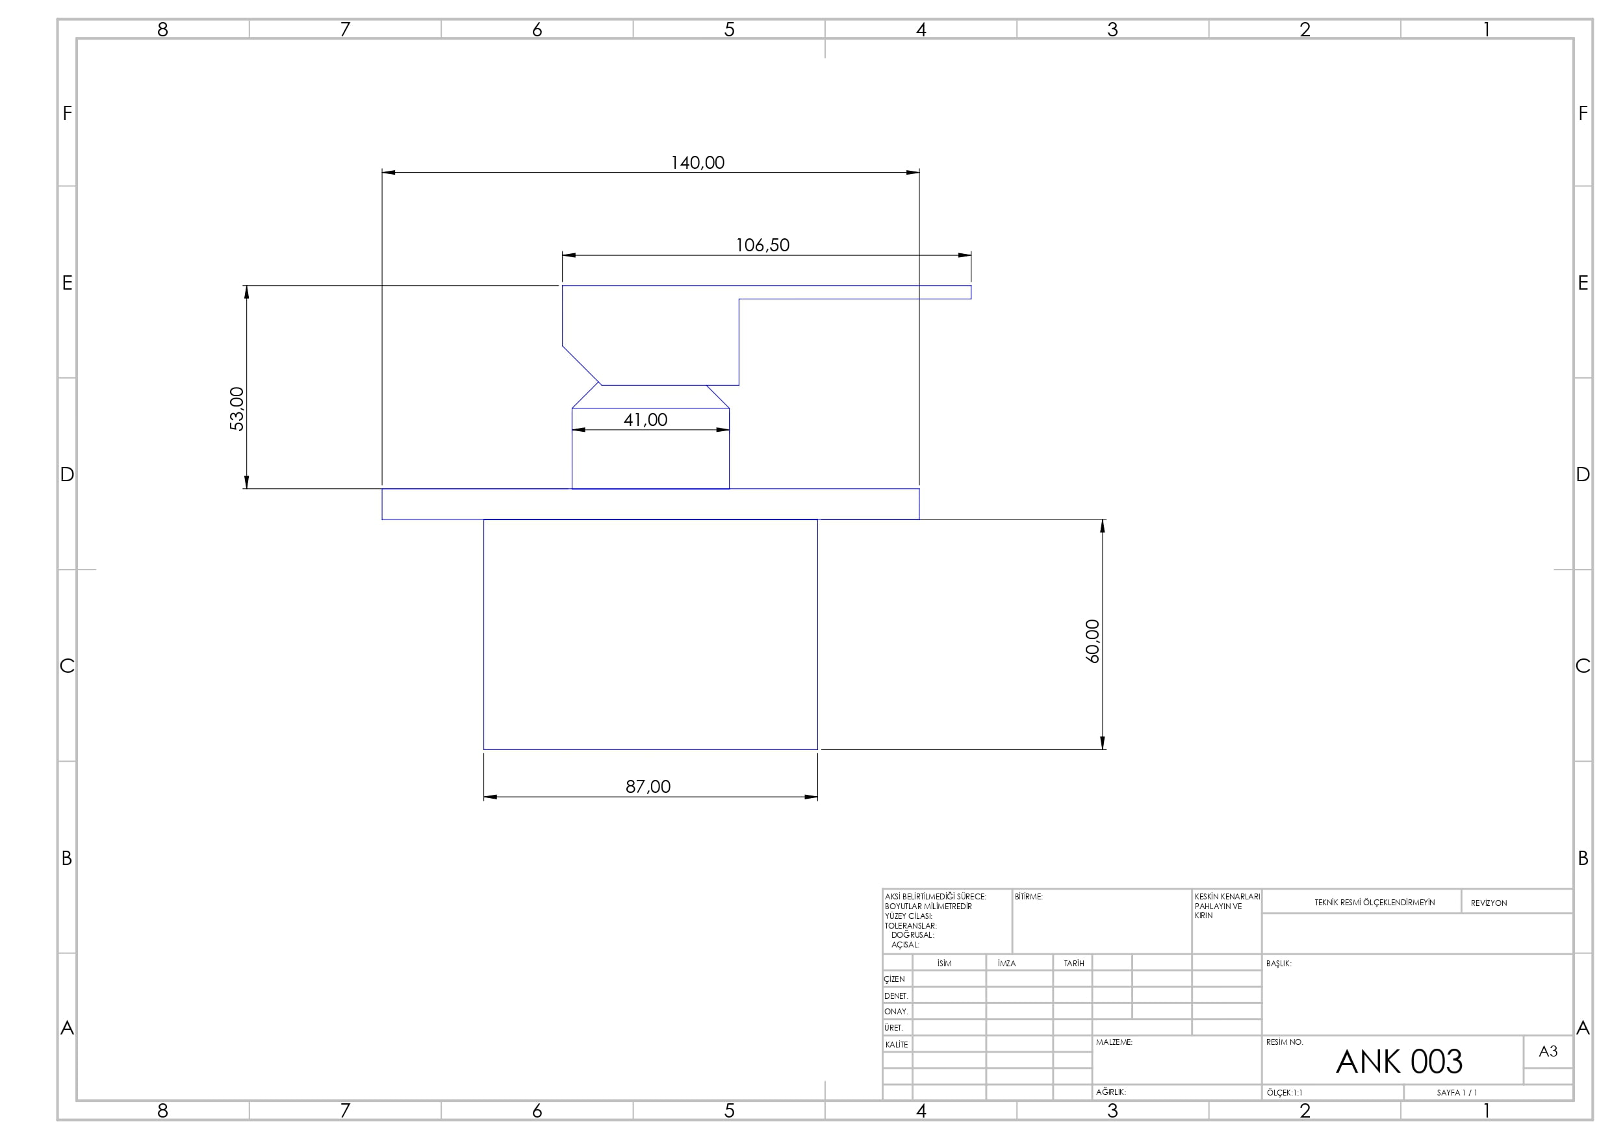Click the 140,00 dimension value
coord(697,163)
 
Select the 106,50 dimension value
coord(763,245)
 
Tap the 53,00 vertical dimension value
coord(237,408)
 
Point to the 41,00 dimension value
coord(645,420)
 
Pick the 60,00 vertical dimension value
coord(1093,641)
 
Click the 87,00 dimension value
coord(648,786)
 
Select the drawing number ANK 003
coord(1399,1062)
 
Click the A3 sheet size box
coord(1548,1051)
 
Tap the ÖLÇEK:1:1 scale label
coord(1284,1093)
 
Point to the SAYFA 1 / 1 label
coord(1457,1093)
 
